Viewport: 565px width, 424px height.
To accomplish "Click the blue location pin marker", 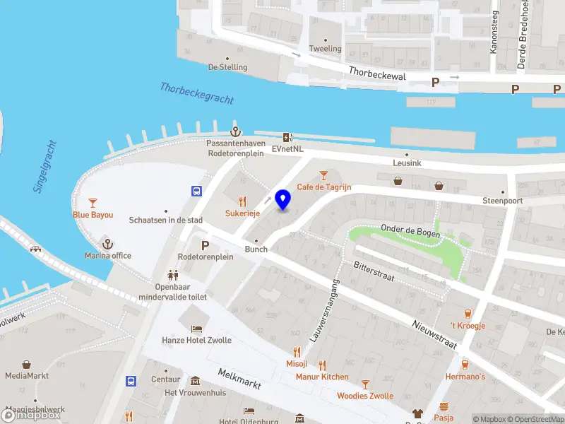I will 282,200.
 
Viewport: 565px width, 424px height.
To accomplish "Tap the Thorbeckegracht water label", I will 196,93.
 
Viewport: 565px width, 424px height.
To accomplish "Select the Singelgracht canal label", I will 46,167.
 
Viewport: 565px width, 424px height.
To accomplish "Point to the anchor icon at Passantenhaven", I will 234,132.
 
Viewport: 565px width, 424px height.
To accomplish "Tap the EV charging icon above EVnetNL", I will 287,138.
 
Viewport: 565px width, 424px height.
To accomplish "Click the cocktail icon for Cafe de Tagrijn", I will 323,175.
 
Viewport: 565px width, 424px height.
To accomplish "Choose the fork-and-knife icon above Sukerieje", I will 242,201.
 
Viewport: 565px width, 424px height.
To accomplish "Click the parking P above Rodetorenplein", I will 206,245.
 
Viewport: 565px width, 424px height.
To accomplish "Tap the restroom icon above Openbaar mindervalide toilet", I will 172,275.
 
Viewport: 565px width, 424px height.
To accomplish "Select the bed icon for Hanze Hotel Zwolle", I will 197,329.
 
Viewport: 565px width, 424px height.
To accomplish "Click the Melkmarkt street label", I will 239,380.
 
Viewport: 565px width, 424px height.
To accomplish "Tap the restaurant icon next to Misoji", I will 297,352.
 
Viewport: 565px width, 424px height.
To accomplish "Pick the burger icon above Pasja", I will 444,406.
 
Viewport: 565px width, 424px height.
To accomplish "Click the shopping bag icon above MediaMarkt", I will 27,365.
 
